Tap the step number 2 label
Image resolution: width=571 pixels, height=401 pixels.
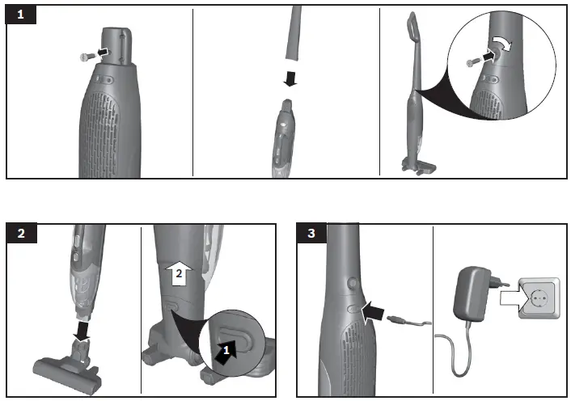tap(20, 234)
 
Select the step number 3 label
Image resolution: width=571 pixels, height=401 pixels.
tap(312, 234)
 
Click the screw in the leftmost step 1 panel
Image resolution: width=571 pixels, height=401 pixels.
tap(85, 55)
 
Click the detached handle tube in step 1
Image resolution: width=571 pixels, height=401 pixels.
tap(292, 32)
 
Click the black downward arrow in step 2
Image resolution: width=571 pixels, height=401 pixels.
tap(83, 330)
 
